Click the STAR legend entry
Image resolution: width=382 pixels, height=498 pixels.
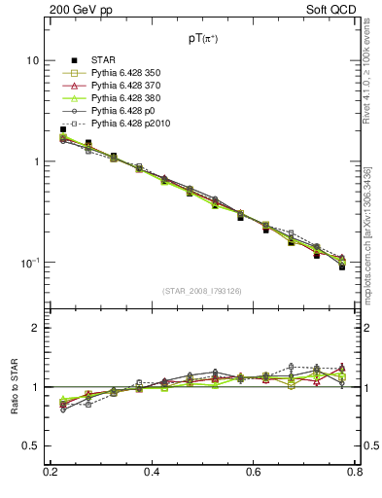[x=106, y=60]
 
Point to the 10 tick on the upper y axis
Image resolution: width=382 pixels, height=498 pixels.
[x=33, y=60]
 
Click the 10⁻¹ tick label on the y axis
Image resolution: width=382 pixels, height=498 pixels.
[x=30, y=263]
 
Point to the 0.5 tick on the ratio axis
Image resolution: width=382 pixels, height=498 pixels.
[x=31, y=445]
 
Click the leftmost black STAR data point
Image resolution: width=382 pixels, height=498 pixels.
[x=63, y=129]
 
